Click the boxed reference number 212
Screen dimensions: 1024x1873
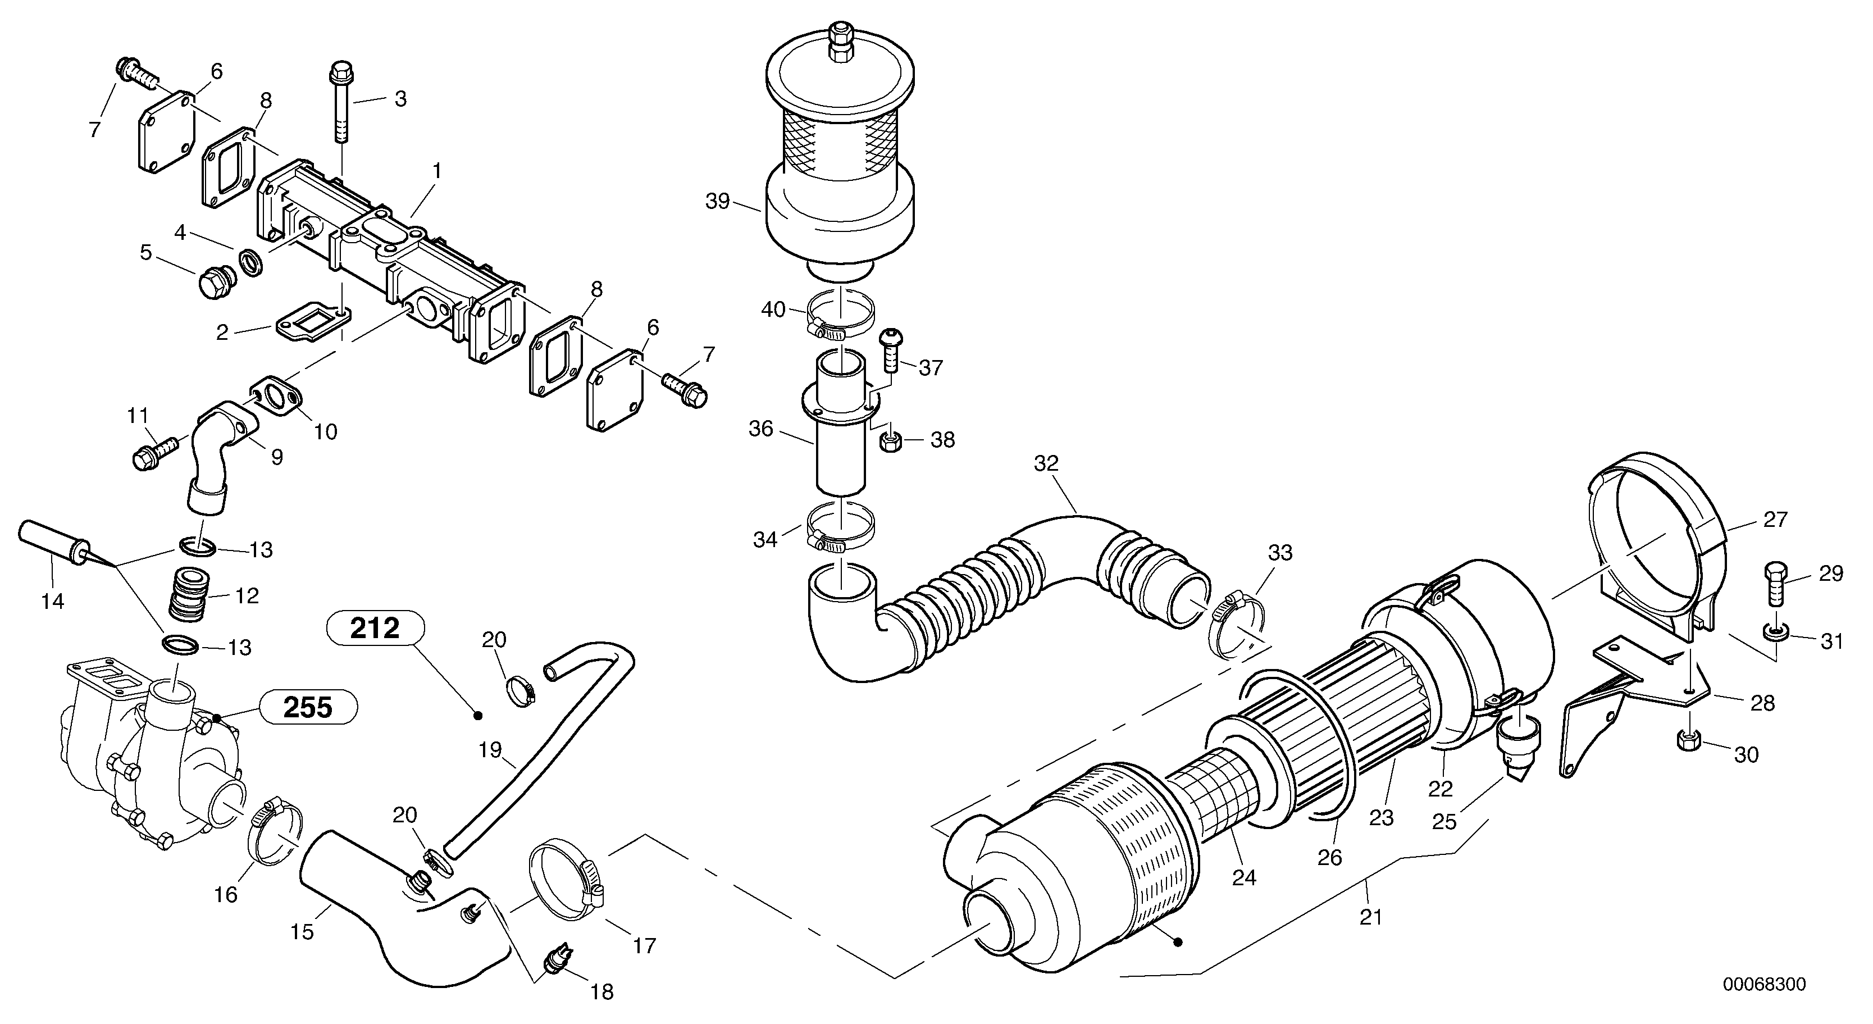point(375,627)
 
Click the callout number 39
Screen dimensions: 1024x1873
point(718,202)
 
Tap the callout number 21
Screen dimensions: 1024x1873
point(1370,918)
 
